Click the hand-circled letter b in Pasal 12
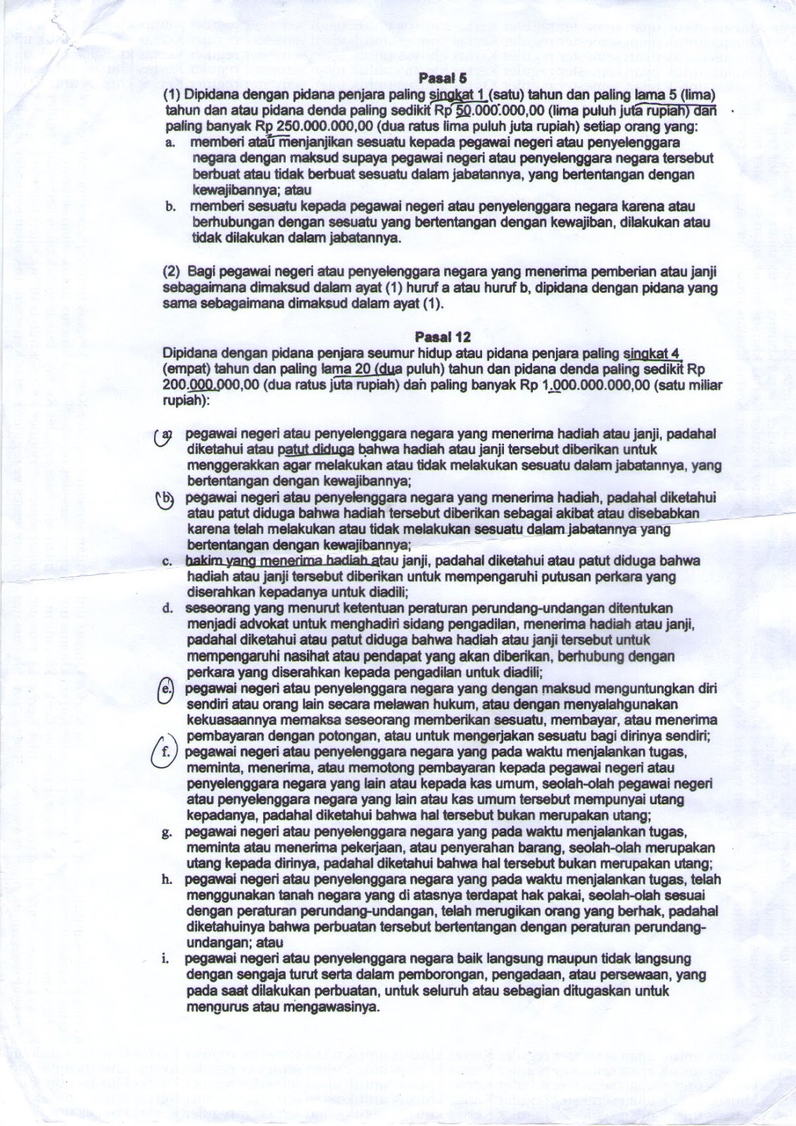pos(165,498)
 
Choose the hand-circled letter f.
pos(165,752)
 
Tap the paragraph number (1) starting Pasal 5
pos(173,95)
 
